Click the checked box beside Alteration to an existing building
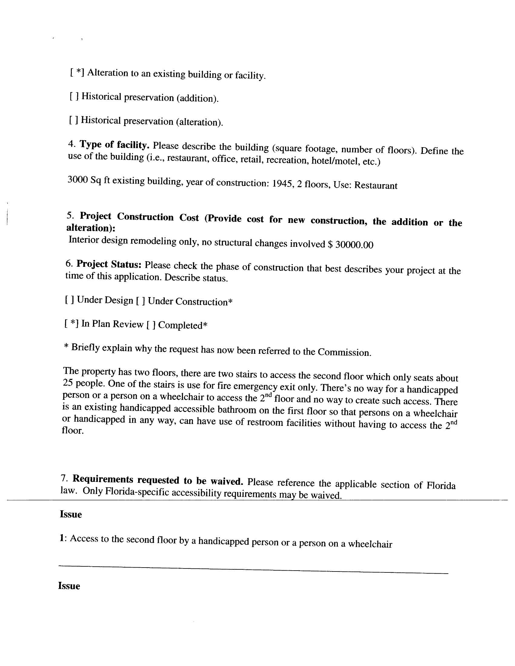pos(77,73)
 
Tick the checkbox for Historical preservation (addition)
pos(75,96)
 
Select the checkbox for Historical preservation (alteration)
pos(74,120)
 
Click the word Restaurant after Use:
pos(376,185)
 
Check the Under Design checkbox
pos(70,300)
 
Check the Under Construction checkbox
pos(141,301)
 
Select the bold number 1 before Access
pos(62,538)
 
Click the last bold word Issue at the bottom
pos(69,586)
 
